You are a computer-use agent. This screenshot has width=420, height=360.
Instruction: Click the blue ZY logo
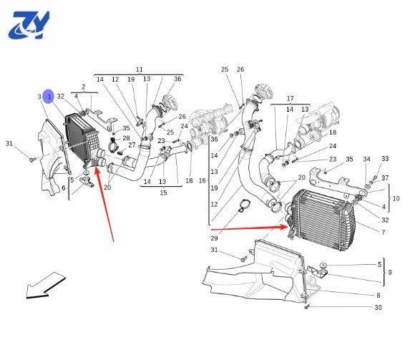point(29,25)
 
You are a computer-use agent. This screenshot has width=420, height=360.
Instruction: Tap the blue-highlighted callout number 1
point(49,97)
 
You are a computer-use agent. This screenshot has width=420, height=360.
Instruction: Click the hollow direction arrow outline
point(46,286)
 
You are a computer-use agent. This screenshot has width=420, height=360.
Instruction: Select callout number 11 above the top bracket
point(140,69)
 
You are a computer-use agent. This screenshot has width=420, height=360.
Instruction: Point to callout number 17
point(290,98)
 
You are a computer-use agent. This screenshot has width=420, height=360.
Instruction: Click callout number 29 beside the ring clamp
point(214,238)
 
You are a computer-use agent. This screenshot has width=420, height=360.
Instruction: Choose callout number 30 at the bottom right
point(378,307)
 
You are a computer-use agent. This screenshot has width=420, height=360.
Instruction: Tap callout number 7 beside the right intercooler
point(384,232)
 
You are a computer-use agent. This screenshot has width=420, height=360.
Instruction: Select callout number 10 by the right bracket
point(396,198)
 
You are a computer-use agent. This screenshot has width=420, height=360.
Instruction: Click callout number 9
point(390,272)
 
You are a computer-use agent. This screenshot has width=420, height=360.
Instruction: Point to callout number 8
point(379,295)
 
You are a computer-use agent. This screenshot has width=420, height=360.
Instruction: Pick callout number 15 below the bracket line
point(163,193)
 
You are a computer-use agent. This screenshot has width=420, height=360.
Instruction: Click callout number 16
point(202,181)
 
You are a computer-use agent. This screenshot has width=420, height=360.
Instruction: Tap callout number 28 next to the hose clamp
point(126,138)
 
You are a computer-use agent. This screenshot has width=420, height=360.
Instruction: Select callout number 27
point(132,145)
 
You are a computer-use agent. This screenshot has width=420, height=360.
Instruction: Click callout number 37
point(385,178)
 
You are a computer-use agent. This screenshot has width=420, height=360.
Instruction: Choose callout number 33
point(385,159)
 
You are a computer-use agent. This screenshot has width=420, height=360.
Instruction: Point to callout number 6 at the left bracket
point(64,188)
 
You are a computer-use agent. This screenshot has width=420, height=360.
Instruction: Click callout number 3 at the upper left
point(39,97)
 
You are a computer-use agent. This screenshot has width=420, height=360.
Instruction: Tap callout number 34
point(367,159)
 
